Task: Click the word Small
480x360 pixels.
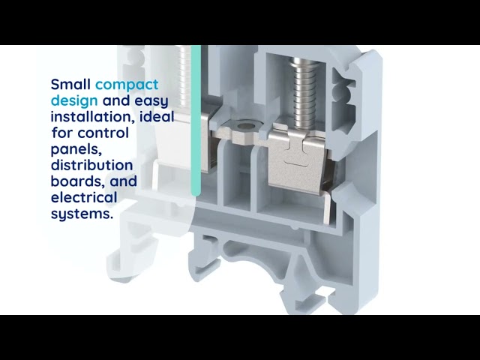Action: pos(70,84)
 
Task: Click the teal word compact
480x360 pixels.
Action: pos(127,84)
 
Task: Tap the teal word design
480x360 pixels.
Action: pos(74,100)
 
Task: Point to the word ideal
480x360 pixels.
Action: pos(157,117)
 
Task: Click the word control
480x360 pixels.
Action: pos(102,133)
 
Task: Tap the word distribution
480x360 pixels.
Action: pos(91,165)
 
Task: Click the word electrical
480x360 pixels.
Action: pos(84,197)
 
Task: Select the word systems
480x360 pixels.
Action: pos(81,214)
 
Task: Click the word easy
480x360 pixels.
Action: pos(151,100)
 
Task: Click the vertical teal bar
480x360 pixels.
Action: pos(196,120)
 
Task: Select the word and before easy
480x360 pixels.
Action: pos(117,100)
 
